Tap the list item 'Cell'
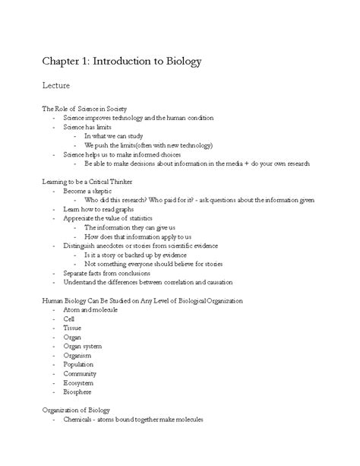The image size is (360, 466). click(x=69, y=319)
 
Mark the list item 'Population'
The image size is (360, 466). click(x=79, y=365)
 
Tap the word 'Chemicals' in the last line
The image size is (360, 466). click(x=80, y=420)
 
